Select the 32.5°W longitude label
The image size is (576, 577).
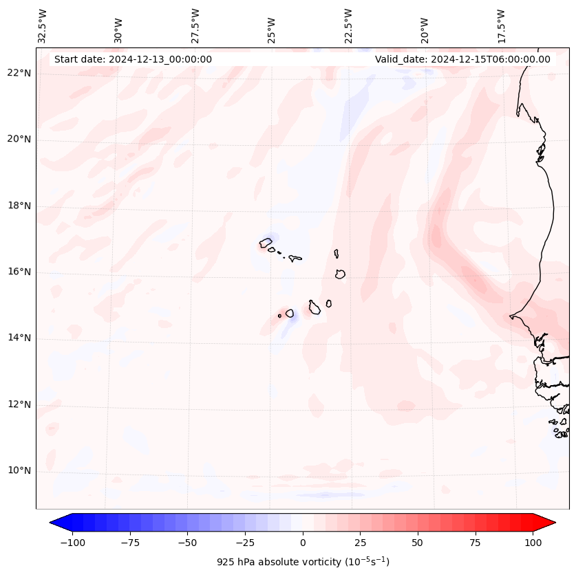[x=43, y=25]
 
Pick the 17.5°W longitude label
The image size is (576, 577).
[x=501, y=25]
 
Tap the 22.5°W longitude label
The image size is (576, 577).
[x=348, y=25]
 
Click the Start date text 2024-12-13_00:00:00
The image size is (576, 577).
[x=133, y=59]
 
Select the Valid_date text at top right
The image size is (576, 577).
[x=462, y=59]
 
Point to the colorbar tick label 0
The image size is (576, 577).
[x=303, y=543]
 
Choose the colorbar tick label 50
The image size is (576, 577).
[x=418, y=543]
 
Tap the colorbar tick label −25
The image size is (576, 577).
[x=245, y=543]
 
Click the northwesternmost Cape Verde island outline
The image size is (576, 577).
[x=266, y=243]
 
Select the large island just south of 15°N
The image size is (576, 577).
[x=314, y=307]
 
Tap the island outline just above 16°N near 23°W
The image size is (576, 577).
[x=340, y=274]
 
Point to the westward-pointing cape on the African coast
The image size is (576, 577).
[x=511, y=316]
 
